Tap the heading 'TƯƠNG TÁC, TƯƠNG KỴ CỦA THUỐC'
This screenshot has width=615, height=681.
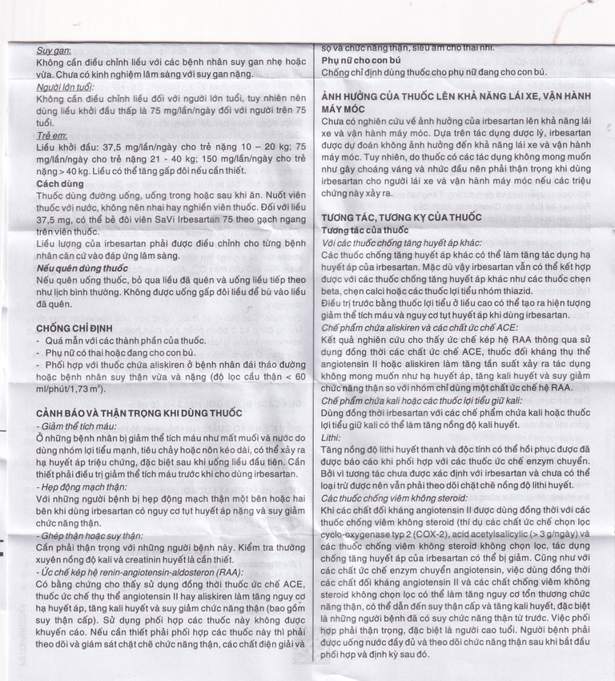(x=401, y=217)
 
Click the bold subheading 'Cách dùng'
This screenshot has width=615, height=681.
(x=58, y=183)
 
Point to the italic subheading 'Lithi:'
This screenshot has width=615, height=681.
(x=332, y=439)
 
